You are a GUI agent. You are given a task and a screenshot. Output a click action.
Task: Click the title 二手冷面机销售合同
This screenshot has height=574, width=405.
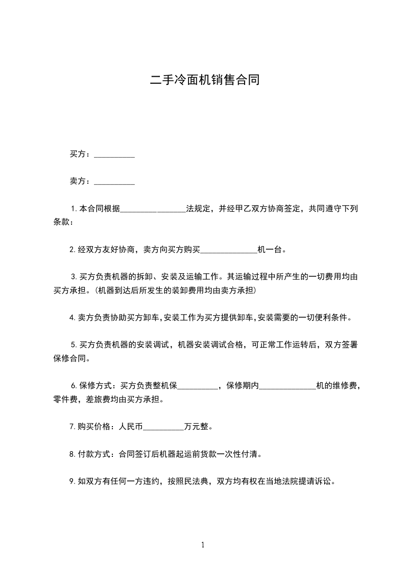pyautogui.click(x=205, y=80)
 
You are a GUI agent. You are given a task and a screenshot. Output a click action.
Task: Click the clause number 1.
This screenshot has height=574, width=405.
pyautogui.click(x=74, y=209)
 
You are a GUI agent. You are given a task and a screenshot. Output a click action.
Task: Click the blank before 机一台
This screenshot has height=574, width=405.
pyautogui.click(x=229, y=250)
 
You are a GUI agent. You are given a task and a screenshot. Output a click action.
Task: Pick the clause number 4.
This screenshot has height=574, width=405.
pyautogui.click(x=73, y=318)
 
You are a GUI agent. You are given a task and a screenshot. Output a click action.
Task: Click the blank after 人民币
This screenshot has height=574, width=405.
pyautogui.click(x=163, y=426)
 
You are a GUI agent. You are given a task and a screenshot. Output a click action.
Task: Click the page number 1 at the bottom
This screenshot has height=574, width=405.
pyautogui.click(x=203, y=545)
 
